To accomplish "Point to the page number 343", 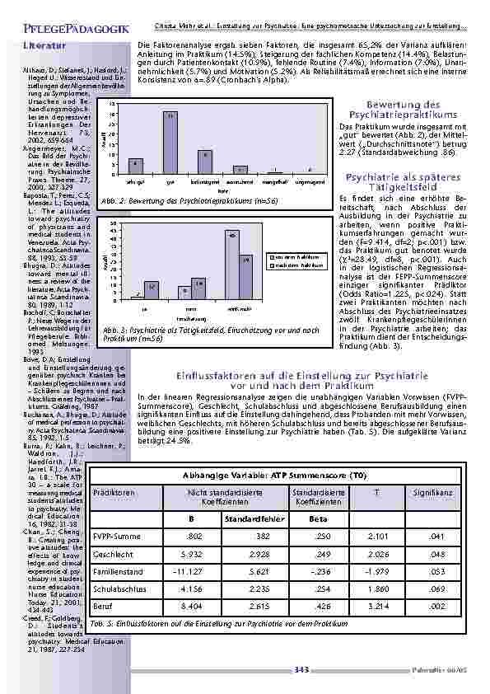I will [x=301, y=670].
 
